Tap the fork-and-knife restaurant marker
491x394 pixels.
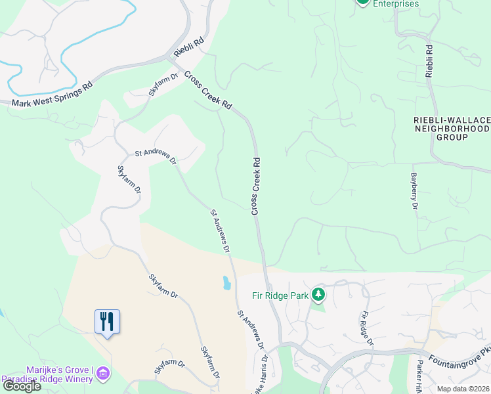107,322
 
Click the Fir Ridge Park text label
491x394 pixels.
281,296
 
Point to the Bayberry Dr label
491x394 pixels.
414,191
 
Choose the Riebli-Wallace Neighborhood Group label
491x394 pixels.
452,129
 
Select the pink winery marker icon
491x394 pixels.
102,374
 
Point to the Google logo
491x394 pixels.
22,387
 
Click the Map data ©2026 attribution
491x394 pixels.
463,389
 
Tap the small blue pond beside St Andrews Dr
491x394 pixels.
226,283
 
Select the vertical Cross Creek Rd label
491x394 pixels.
256,186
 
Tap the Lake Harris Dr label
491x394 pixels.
262,378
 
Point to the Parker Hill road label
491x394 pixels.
417,377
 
